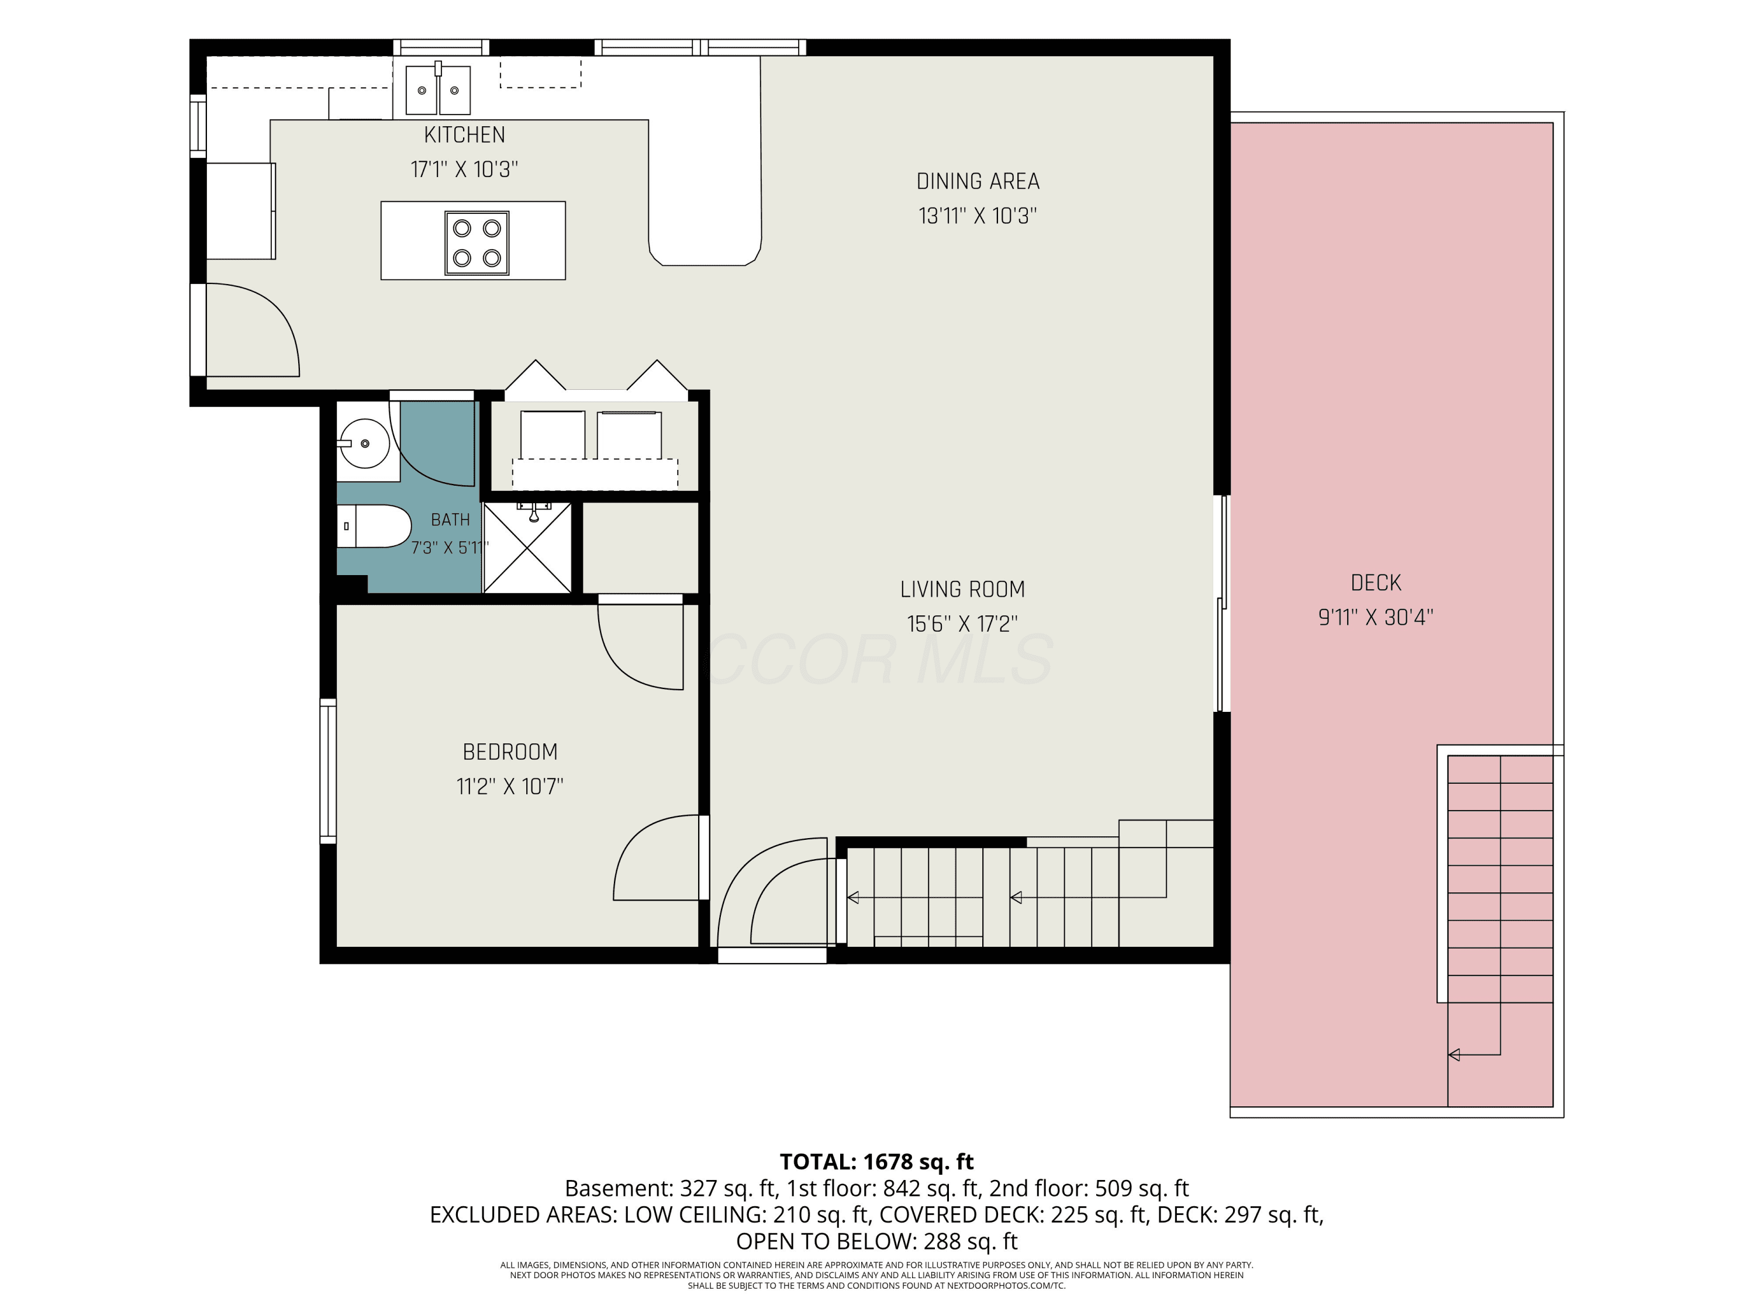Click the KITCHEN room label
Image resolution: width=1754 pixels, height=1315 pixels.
(x=465, y=135)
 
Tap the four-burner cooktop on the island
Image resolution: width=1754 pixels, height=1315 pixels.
(x=477, y=243)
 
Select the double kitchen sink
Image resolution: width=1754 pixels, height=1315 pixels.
(x=438, y=89)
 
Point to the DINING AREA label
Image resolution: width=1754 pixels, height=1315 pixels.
(x=978, y=182)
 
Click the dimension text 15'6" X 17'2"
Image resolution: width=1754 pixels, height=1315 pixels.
(x=962, y=624)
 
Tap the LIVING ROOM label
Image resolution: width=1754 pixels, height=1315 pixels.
(x=962, y=590)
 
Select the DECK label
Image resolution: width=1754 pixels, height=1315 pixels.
(x=1376, y=583)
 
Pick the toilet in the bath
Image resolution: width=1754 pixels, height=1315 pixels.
(x=374, y=525)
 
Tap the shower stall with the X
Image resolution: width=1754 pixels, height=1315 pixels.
(x=527, y=548)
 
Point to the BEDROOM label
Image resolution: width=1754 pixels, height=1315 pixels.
(x=510, y=752)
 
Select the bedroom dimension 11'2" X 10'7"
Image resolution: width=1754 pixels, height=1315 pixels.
(x=510, y=786)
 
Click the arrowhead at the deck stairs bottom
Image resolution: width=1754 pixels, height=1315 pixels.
(x=1454, y=1054)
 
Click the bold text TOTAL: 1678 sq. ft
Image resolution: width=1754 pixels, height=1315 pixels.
(x=876, y=1161)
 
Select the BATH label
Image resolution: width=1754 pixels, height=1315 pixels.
(x=450, y=520)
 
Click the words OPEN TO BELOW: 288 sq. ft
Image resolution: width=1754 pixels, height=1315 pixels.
(x=876, y=1241)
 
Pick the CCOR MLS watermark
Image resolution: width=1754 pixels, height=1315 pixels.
(x=878, y=659)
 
